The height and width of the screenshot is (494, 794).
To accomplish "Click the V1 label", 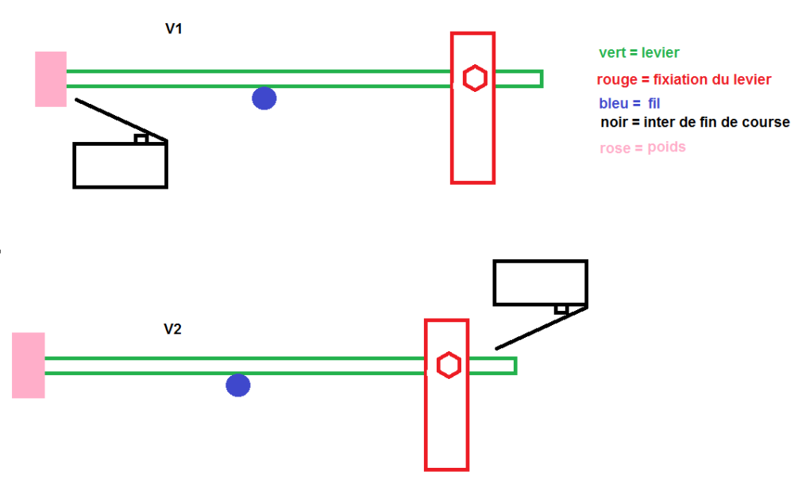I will click(175, 29).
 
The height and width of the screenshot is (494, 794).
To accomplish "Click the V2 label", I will click(172, 329).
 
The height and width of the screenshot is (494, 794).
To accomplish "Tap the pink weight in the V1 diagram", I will click(51, 79).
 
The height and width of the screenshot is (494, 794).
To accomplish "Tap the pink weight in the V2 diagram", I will click(29, 366).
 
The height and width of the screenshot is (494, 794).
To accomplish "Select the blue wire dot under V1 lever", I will click(264, 98).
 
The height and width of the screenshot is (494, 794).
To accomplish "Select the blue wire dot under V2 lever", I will click(238, 385).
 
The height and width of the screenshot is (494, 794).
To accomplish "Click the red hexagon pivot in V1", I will click(475, 79).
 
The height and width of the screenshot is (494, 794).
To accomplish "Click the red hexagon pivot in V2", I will click(449, 366).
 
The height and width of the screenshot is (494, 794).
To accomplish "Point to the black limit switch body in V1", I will click(120, 166).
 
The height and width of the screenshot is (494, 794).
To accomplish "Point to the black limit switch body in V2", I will click(540, 281).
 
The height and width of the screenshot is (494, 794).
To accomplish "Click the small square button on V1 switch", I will click(141, 139).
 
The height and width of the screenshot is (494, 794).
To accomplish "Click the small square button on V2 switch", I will click(561, 309).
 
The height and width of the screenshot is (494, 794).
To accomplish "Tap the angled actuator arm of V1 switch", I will click(119, 120).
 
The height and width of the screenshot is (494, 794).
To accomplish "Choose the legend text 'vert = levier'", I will click(639, 53).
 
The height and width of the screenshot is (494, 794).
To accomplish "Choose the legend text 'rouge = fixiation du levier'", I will click(684, 80).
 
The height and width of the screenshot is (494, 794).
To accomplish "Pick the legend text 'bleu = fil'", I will click(630, 103).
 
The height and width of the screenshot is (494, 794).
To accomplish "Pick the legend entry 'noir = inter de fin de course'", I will click(695, 122).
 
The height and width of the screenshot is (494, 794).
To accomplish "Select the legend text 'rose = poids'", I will click(642, 147).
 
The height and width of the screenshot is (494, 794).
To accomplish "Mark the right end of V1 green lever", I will click(540, 79).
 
